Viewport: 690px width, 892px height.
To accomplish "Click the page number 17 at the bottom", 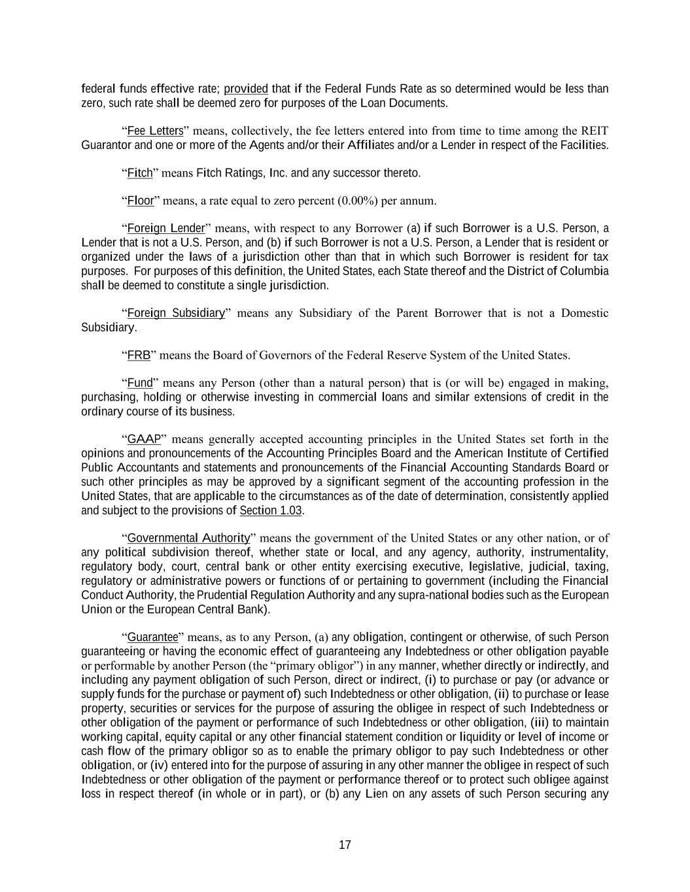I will [345, 845].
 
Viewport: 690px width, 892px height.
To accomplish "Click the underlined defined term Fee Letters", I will [155, 131].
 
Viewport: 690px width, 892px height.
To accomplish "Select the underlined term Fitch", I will [139, 173].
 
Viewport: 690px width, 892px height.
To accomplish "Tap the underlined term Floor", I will [140, 201].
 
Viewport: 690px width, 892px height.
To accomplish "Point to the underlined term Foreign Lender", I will [166, 228].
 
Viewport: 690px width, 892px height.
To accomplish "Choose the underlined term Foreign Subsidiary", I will [176, 313].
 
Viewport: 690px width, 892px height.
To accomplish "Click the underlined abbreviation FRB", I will [139, 355].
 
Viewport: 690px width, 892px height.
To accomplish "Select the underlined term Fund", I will [139, 383].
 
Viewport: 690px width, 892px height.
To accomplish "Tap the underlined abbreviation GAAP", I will [144, 439].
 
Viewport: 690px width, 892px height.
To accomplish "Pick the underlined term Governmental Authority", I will [188, 538].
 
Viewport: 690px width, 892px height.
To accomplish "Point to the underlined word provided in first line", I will [246, 88].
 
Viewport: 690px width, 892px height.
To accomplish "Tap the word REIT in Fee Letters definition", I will [595, 131].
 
